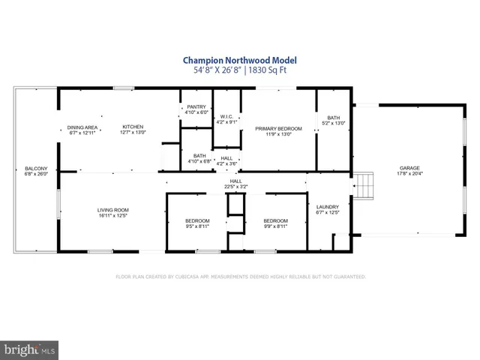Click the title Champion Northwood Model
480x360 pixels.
coord(239,59)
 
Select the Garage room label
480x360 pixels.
coord(409,168)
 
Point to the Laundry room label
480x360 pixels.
coord(328,207)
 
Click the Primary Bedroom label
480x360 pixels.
coord(278,129)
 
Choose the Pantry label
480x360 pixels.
coord(196,107)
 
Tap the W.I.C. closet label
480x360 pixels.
coord(226,116)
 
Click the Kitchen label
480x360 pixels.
coord(133,127)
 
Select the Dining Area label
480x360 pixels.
coord(83,127)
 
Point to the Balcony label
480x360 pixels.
coord(36,168)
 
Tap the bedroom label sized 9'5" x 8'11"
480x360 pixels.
coord(199,220)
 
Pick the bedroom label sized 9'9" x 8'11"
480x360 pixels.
coord(276,220)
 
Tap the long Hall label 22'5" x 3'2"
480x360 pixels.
coord(235,181)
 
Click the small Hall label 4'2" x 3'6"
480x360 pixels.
coord(226,160)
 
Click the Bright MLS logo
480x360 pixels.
coord(30,349)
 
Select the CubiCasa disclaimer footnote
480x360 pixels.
coord(240,277)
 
